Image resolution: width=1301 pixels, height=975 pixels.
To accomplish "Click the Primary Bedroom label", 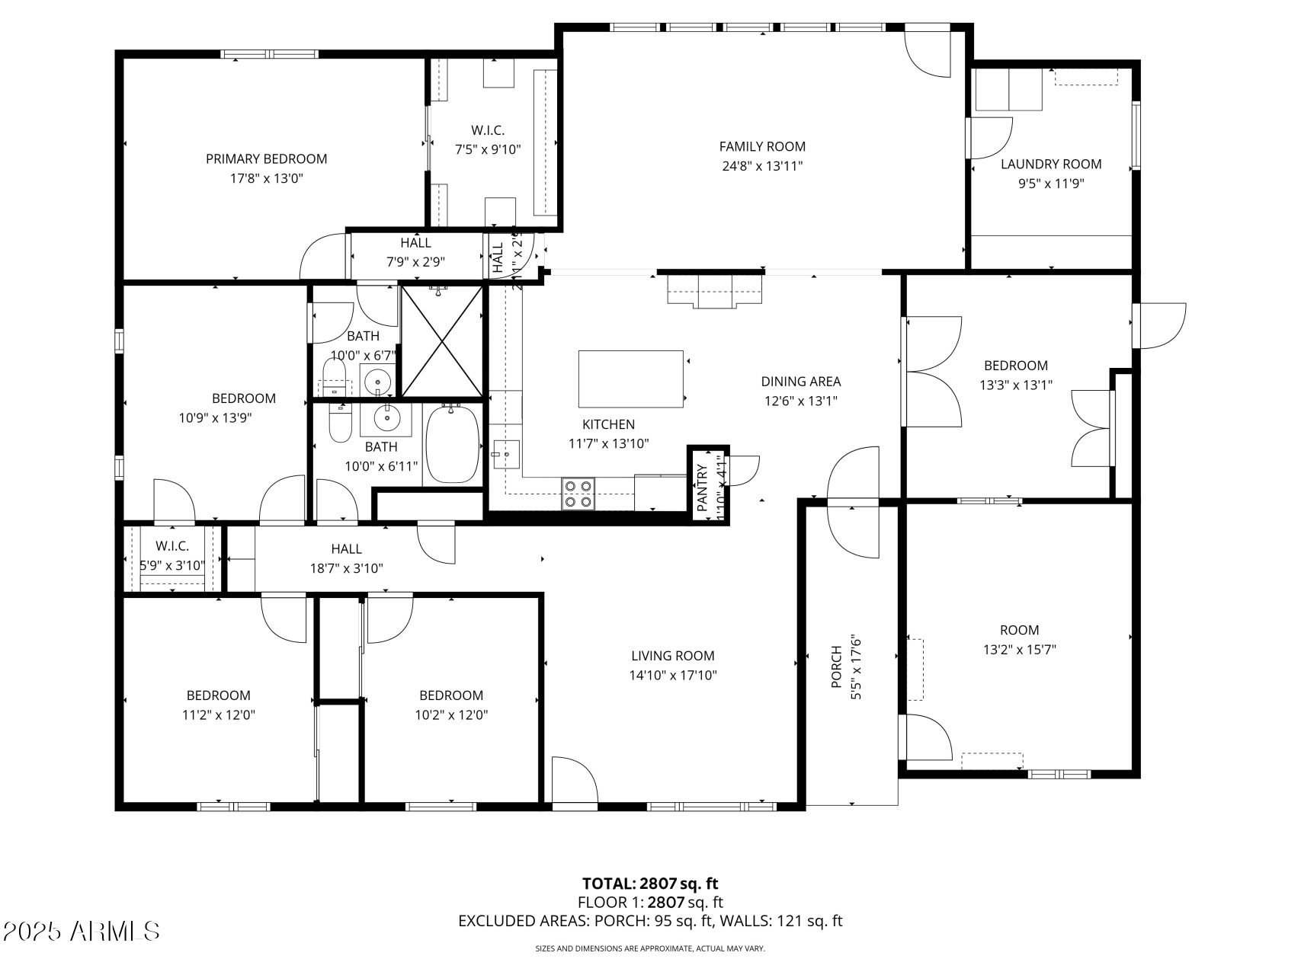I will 266,159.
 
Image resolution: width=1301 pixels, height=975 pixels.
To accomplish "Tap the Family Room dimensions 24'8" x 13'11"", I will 761,166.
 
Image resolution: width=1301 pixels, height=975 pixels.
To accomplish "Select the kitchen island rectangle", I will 630,379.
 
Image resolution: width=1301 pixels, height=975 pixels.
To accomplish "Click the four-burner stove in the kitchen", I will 578,493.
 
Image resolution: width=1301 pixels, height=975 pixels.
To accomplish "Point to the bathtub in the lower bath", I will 452,444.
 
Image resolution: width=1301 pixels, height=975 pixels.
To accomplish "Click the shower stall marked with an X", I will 441,340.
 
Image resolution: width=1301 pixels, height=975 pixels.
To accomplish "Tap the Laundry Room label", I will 1050,164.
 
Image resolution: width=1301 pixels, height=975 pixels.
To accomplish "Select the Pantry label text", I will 702,487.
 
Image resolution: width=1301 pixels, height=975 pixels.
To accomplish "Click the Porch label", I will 836,667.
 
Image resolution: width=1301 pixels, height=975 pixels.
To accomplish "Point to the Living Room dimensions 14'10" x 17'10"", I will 673,675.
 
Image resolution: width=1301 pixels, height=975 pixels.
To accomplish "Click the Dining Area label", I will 800,382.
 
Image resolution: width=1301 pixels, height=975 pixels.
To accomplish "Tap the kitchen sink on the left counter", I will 505,455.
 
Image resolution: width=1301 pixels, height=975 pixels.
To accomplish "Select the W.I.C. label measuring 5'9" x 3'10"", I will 172,546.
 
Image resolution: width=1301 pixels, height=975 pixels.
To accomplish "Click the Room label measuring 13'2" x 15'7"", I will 1019,630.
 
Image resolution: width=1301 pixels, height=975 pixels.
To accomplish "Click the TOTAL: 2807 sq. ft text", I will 650,884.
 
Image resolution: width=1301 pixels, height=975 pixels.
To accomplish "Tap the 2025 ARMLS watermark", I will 81,931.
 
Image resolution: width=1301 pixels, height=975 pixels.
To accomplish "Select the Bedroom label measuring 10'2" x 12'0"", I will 450,695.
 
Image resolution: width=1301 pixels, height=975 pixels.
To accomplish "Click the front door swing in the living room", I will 573,781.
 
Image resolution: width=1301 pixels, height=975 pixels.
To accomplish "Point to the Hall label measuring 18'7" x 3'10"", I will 346,548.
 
